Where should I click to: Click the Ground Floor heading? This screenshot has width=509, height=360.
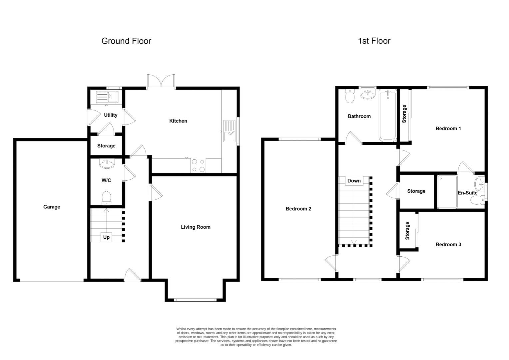126,41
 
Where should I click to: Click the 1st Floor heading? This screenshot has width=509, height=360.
374,41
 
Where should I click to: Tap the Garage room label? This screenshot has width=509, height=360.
52,207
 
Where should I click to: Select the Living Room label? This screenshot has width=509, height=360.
196,227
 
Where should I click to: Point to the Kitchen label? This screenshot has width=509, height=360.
178,121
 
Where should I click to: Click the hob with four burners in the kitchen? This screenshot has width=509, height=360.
198,166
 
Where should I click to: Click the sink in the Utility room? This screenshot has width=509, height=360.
107,97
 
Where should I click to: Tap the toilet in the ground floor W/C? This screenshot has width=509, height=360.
106,197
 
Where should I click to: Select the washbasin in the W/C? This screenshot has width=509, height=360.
107,163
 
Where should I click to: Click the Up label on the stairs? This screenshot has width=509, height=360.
106,237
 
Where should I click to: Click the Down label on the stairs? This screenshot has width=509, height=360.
354,181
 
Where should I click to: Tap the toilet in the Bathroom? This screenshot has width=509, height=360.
350,96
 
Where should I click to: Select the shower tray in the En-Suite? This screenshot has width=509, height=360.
447,192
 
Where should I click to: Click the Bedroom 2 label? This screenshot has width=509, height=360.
298,209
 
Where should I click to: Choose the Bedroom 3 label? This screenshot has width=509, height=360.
448,244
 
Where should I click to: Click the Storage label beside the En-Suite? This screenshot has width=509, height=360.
416,191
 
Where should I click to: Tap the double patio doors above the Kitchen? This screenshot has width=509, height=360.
161,82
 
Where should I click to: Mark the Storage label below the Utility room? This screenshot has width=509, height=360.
106,146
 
